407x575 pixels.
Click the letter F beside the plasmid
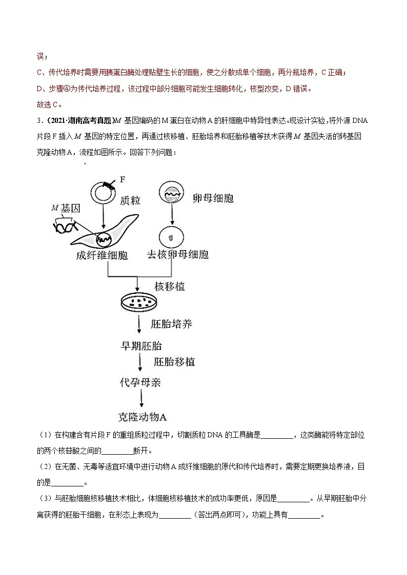pos(123,179)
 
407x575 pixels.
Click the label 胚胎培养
pos(172,324)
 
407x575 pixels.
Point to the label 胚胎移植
pos(174,361)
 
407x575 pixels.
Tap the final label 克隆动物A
pos(140,416)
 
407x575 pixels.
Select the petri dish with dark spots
pos(139,302)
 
